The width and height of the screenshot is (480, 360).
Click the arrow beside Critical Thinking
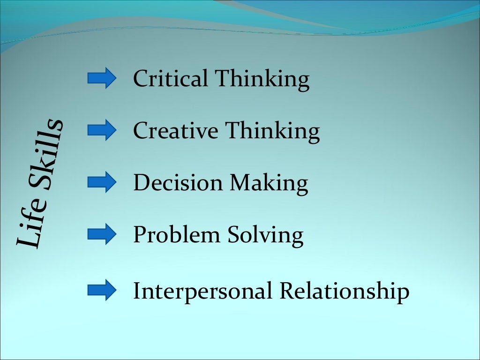[101, 78]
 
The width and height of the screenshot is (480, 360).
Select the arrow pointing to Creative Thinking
[101, 130]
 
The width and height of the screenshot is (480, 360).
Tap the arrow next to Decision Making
[101, 182]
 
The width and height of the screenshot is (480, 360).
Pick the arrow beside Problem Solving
[101, 234]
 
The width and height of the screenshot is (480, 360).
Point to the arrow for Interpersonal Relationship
[101, 291]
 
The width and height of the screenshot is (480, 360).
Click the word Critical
[171, 79]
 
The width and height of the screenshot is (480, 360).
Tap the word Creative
[176, 131]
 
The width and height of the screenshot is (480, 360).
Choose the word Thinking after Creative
[272, 132]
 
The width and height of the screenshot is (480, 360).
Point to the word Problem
[177, 235]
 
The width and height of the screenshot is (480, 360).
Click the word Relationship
[345, 292]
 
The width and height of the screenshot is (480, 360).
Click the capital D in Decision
[141, 183]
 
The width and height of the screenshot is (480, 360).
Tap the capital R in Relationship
[287, 291]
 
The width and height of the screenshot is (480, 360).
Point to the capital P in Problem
[140, 235]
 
